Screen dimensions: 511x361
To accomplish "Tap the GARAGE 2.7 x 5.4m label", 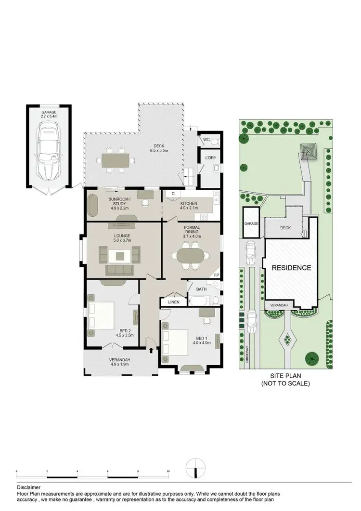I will (49, 114).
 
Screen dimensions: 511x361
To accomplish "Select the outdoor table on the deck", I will (116, 159).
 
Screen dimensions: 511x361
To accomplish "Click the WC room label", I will (206, 140).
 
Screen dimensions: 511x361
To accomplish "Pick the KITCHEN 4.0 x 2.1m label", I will (189, 206).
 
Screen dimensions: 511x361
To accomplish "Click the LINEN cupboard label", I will (174, 302).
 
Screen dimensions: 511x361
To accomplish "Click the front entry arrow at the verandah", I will (152, 351).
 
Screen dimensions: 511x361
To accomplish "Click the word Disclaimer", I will (29, 487).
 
